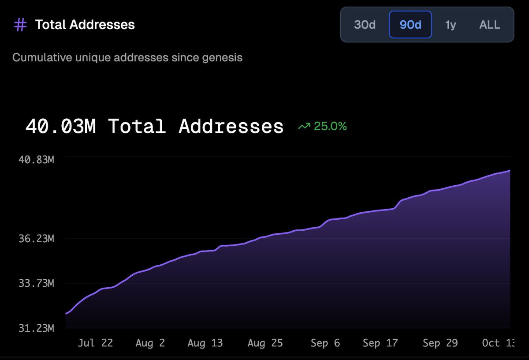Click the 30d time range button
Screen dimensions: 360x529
365,25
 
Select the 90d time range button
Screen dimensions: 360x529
410,25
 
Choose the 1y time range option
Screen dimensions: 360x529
450,25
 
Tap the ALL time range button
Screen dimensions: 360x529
489,25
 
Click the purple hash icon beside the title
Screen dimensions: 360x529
20,25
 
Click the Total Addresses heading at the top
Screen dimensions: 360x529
85,25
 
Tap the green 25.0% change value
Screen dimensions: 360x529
330,127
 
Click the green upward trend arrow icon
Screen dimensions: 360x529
304,127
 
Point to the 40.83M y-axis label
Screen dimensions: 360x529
36,160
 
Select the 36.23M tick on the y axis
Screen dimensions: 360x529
36,239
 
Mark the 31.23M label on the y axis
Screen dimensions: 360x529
36,328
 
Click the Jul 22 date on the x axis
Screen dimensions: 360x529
95,343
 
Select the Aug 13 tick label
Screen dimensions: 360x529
205,343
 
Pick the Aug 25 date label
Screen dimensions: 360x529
265,343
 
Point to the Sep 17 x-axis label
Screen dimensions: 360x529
380,343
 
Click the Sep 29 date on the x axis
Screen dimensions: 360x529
440,343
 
